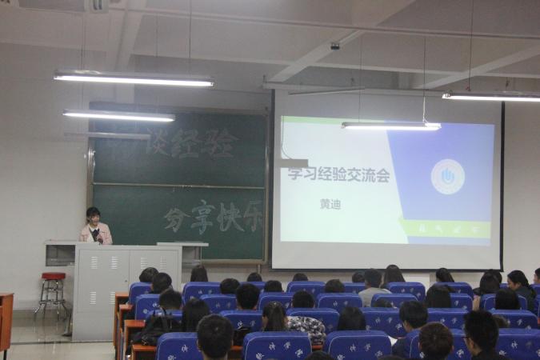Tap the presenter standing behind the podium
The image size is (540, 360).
94,227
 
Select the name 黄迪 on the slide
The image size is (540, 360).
330,204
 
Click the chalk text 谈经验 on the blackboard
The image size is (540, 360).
192,142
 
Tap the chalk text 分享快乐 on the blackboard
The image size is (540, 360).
213,217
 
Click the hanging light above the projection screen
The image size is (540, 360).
390,126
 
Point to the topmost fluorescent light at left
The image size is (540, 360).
134,79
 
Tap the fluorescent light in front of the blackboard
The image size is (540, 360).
118,116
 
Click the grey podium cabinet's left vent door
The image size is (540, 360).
94,287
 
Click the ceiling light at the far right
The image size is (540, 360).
491,97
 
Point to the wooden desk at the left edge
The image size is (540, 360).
6,320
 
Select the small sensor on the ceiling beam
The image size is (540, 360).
335,46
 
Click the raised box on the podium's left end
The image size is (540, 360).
60,253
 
